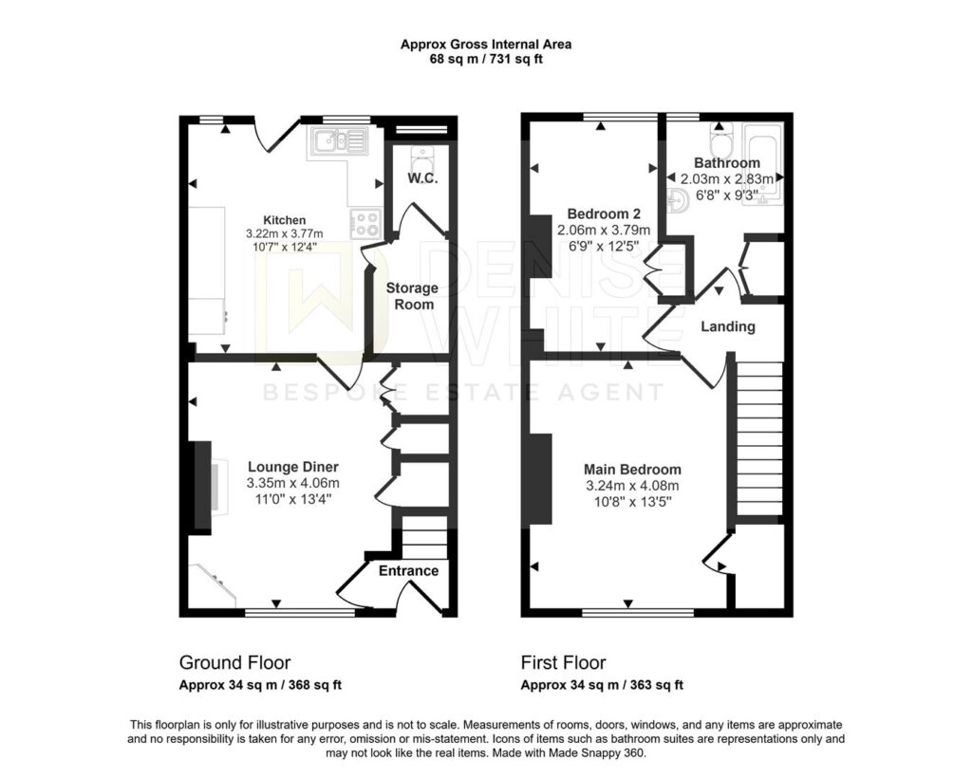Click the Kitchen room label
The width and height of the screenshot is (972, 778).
tap(285, 220)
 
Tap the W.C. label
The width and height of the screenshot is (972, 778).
tap(422, 178)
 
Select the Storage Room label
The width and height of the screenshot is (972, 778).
tap(412, 296)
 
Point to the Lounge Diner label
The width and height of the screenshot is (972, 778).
tap(293, 467)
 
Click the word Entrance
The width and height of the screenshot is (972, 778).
tap(408, 570)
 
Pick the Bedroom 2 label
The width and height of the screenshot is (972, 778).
tap(604, 213)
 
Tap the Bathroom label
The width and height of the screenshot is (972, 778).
tap(727, 163)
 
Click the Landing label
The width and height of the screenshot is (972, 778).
tap(728, 326)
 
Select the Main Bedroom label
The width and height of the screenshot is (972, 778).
tap(632, 470)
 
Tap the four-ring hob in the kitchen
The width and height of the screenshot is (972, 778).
tap(365, 224)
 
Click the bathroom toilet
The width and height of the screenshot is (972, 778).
tap(721, 140)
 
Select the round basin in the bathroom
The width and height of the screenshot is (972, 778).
tap(676, 201)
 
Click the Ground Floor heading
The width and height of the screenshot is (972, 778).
tap(235, 663)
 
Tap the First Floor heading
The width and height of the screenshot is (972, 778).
tap(564, 663)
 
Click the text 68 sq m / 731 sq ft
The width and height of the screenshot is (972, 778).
tap(486, 60)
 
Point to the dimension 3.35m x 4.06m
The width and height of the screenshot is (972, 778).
tap(293, 483)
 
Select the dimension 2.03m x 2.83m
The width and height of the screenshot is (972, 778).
tap(727, 179)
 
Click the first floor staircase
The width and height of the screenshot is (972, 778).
tap(758, 438)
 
